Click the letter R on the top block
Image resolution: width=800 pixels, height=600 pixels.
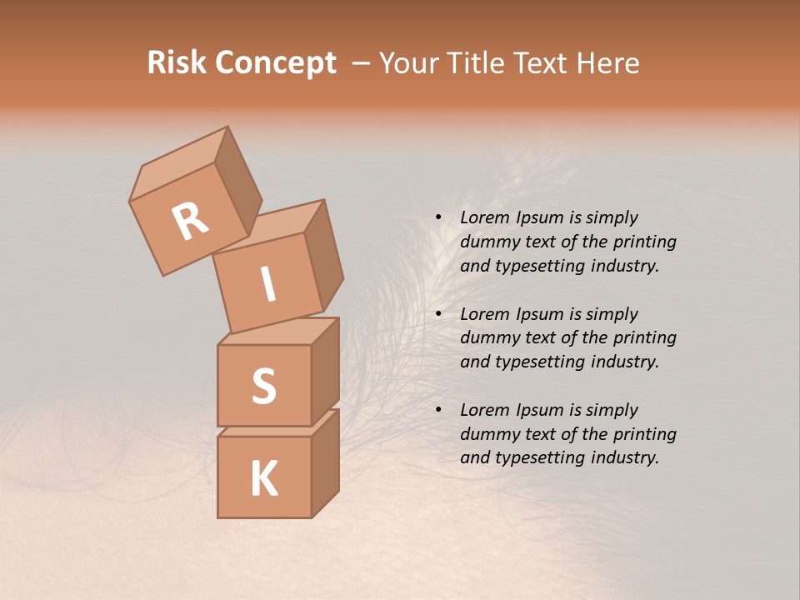pos(190,221)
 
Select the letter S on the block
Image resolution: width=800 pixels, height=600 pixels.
pos(263,386)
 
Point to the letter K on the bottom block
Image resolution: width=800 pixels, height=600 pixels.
pos(263,479)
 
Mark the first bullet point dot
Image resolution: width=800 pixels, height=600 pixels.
pos(438,217)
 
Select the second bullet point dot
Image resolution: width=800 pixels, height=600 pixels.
pos(438,314)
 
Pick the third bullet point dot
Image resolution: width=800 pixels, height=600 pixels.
pos(438,410)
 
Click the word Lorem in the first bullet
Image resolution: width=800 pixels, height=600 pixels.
pos(482,217)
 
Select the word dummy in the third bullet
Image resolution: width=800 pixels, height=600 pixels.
pos(489,434)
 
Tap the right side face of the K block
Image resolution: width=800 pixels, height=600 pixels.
pos(325,465)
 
